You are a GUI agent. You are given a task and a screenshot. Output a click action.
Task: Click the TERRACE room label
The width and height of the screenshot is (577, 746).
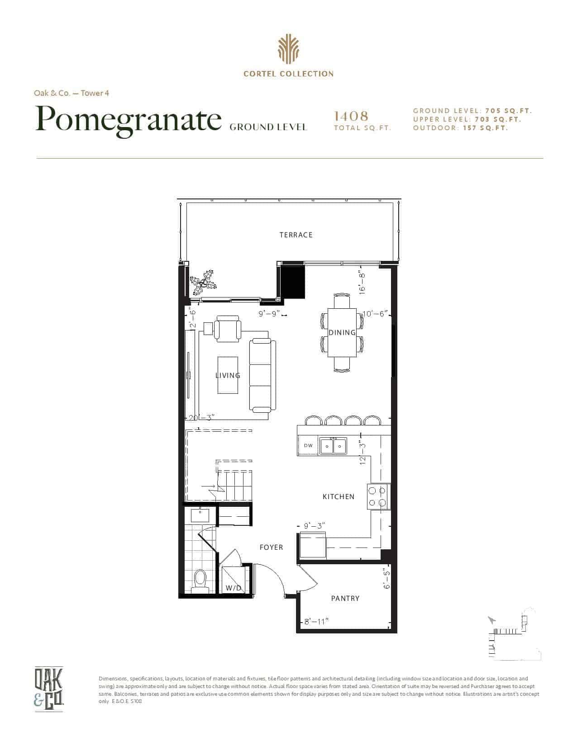coord(296,235)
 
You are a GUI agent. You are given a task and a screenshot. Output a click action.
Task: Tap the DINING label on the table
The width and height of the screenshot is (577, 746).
coord(342,332)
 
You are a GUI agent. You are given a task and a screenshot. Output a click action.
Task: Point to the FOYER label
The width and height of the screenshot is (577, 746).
coord(271,547)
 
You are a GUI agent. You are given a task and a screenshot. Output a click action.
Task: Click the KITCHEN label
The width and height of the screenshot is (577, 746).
coord(338,496)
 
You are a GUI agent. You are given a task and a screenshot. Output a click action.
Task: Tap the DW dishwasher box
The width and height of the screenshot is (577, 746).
coord(308,446)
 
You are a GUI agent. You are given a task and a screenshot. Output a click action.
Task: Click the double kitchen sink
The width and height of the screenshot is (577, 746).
coord(333,446)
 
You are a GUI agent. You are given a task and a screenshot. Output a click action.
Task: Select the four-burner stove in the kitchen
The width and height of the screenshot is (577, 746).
coord(377,497)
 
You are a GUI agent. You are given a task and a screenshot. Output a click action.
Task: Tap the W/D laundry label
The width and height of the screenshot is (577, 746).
coord(234,588)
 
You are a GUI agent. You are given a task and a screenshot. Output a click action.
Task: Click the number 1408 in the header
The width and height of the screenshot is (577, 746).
coord(351,116)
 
